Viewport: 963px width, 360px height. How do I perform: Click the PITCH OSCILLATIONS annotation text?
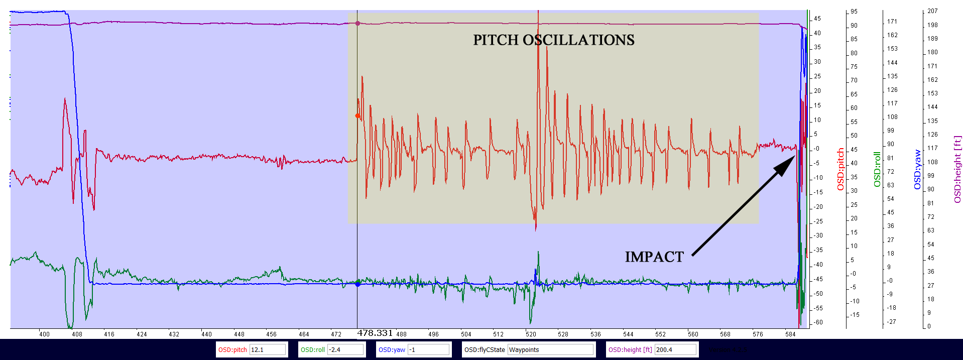tap(553, 40)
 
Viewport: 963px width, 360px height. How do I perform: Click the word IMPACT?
tap(654, 257)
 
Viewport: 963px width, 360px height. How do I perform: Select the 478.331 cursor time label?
tap(375, 333)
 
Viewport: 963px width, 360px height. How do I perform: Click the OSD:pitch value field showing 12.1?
tap(268, 350)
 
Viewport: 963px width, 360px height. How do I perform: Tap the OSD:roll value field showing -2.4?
tap(345, 350)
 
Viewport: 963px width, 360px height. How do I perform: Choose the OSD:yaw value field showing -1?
tap(428, 350)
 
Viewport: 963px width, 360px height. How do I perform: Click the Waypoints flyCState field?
tap(551, 350)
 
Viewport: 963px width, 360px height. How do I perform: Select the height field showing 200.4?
tap(675, 350)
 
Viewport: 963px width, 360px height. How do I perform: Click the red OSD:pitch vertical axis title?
tap(840, 169)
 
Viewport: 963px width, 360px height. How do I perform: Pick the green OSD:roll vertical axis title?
tap(877, 169)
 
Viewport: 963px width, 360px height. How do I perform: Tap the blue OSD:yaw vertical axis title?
tap(918, 169)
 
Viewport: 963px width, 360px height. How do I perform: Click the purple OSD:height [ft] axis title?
tap(957, 169)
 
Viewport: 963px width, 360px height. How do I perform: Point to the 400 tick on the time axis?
tap(44, 334)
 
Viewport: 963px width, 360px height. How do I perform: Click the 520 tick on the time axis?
tap(531, 334)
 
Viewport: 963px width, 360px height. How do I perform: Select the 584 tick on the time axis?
tap(790, 334)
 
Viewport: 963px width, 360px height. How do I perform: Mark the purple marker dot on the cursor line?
tap(357, 24)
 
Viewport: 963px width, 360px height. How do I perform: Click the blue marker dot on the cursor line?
tap(357, 284)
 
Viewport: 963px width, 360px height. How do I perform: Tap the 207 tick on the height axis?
tap(932, 11)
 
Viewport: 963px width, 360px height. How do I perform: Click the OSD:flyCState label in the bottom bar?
tap(485, 350)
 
